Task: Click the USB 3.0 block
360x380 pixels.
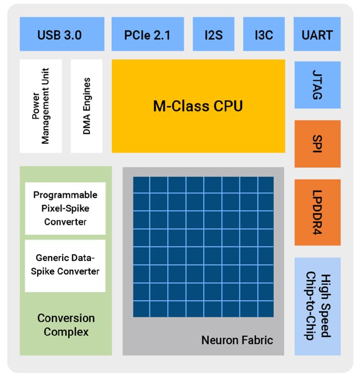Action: [61, 34]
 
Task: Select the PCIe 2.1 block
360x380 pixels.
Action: [148, 34]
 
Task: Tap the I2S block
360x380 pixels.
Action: [213, 34]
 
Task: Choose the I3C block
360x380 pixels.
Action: [264, 34]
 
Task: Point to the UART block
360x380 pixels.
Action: [317, 34]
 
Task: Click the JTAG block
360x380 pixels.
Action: [317, 85]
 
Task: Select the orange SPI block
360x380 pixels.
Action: [317, 143]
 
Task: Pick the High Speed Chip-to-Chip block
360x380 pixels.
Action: [317, 306]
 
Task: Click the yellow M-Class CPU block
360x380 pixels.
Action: [198, 106]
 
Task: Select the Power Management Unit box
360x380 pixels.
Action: [40, 106]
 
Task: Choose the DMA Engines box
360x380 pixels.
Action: [86, 106]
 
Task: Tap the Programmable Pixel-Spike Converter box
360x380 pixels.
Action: [65, 208]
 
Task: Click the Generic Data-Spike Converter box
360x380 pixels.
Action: [65, 265]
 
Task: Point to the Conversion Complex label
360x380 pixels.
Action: [66, 325]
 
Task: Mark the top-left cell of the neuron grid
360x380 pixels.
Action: [141, 185]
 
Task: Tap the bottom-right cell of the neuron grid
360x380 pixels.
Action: [265, 309]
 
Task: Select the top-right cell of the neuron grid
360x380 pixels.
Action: [265, 185]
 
